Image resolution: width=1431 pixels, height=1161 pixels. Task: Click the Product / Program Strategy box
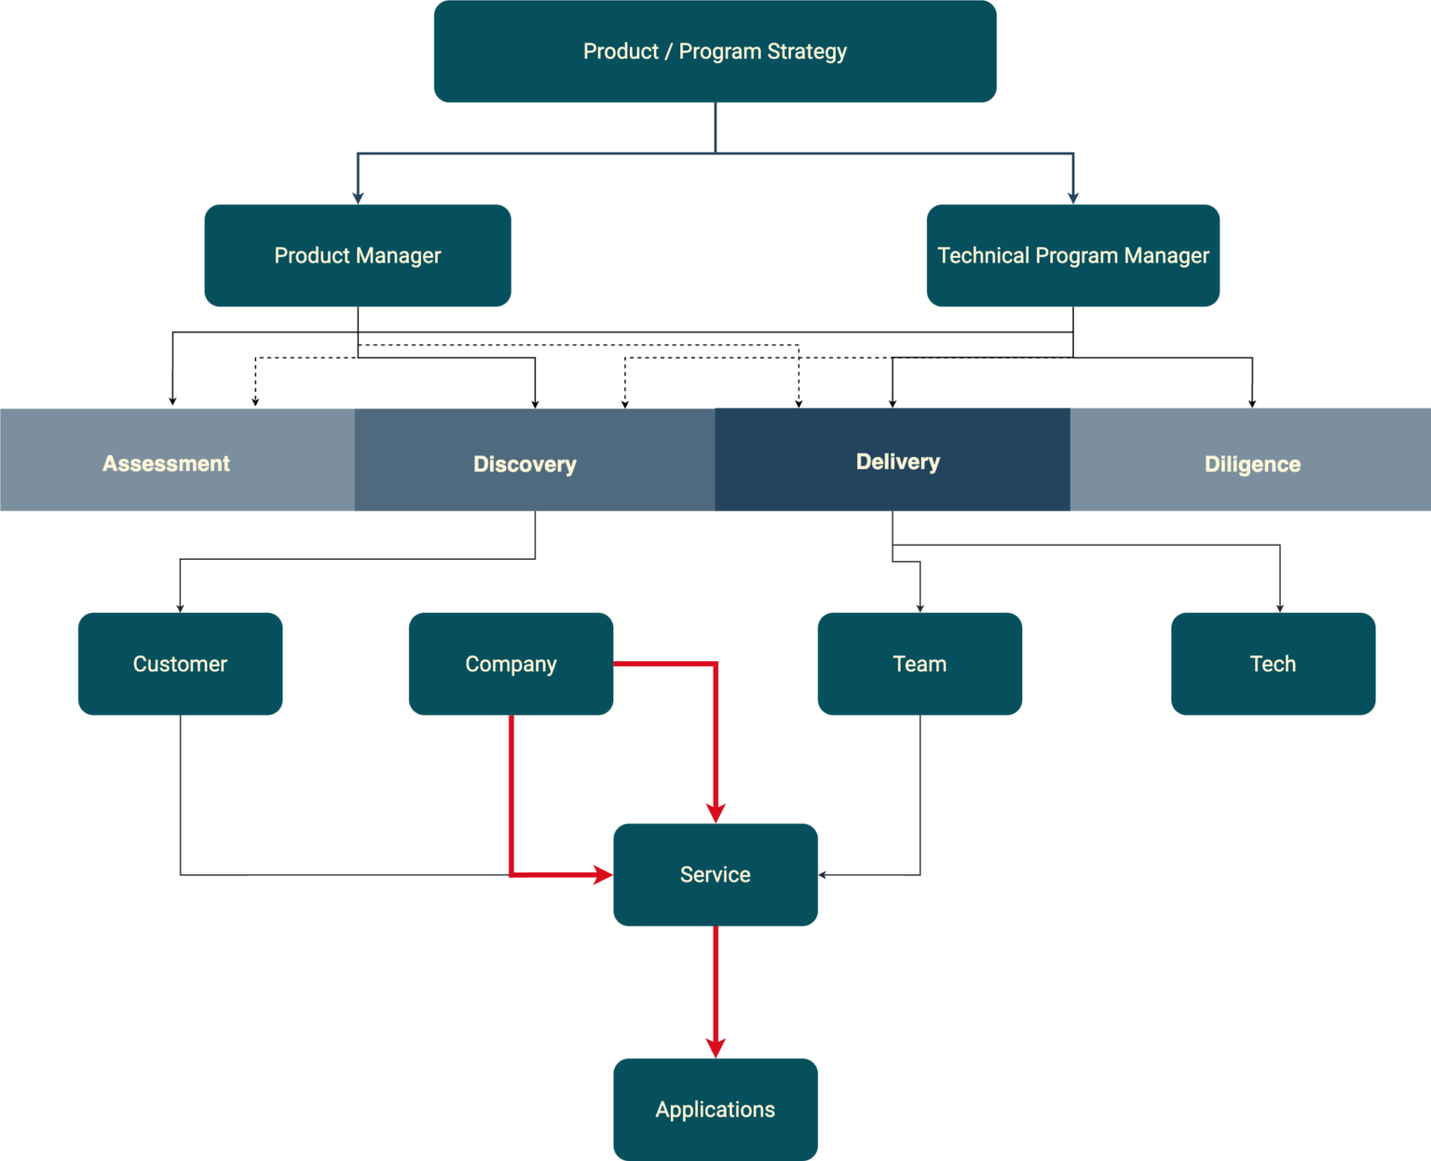(x=715, y=51)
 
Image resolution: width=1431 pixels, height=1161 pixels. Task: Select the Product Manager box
(x=358, y=255)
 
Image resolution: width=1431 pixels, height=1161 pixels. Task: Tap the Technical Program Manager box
(x=1072, y=255)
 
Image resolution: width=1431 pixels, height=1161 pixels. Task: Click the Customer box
(x=180, y=664)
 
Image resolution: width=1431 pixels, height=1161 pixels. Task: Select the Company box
(x=511, y=664)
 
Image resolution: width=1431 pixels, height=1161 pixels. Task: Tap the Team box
(x=920, y=664)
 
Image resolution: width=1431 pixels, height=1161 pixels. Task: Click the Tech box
(x=1273, y=664)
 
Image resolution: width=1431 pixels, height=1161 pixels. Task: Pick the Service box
(x=715, y=874)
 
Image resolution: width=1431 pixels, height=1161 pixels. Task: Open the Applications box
(x=715, y=1109)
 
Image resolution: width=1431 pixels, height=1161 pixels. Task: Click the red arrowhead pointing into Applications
(x=715, y=1048)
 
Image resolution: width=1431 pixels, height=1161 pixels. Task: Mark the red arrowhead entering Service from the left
(x=603, y=874)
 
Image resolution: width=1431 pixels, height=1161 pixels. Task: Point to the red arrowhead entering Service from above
(x=715, y=813)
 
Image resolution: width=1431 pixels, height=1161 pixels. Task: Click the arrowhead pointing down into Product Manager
(x=358, y=197)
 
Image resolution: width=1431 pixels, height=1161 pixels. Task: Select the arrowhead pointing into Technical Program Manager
(x=1073, y=197)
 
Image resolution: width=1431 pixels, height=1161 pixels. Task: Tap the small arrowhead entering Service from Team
(x=823, y=875)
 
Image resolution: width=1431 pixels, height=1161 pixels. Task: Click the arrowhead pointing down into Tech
(x=1280, y=608)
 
